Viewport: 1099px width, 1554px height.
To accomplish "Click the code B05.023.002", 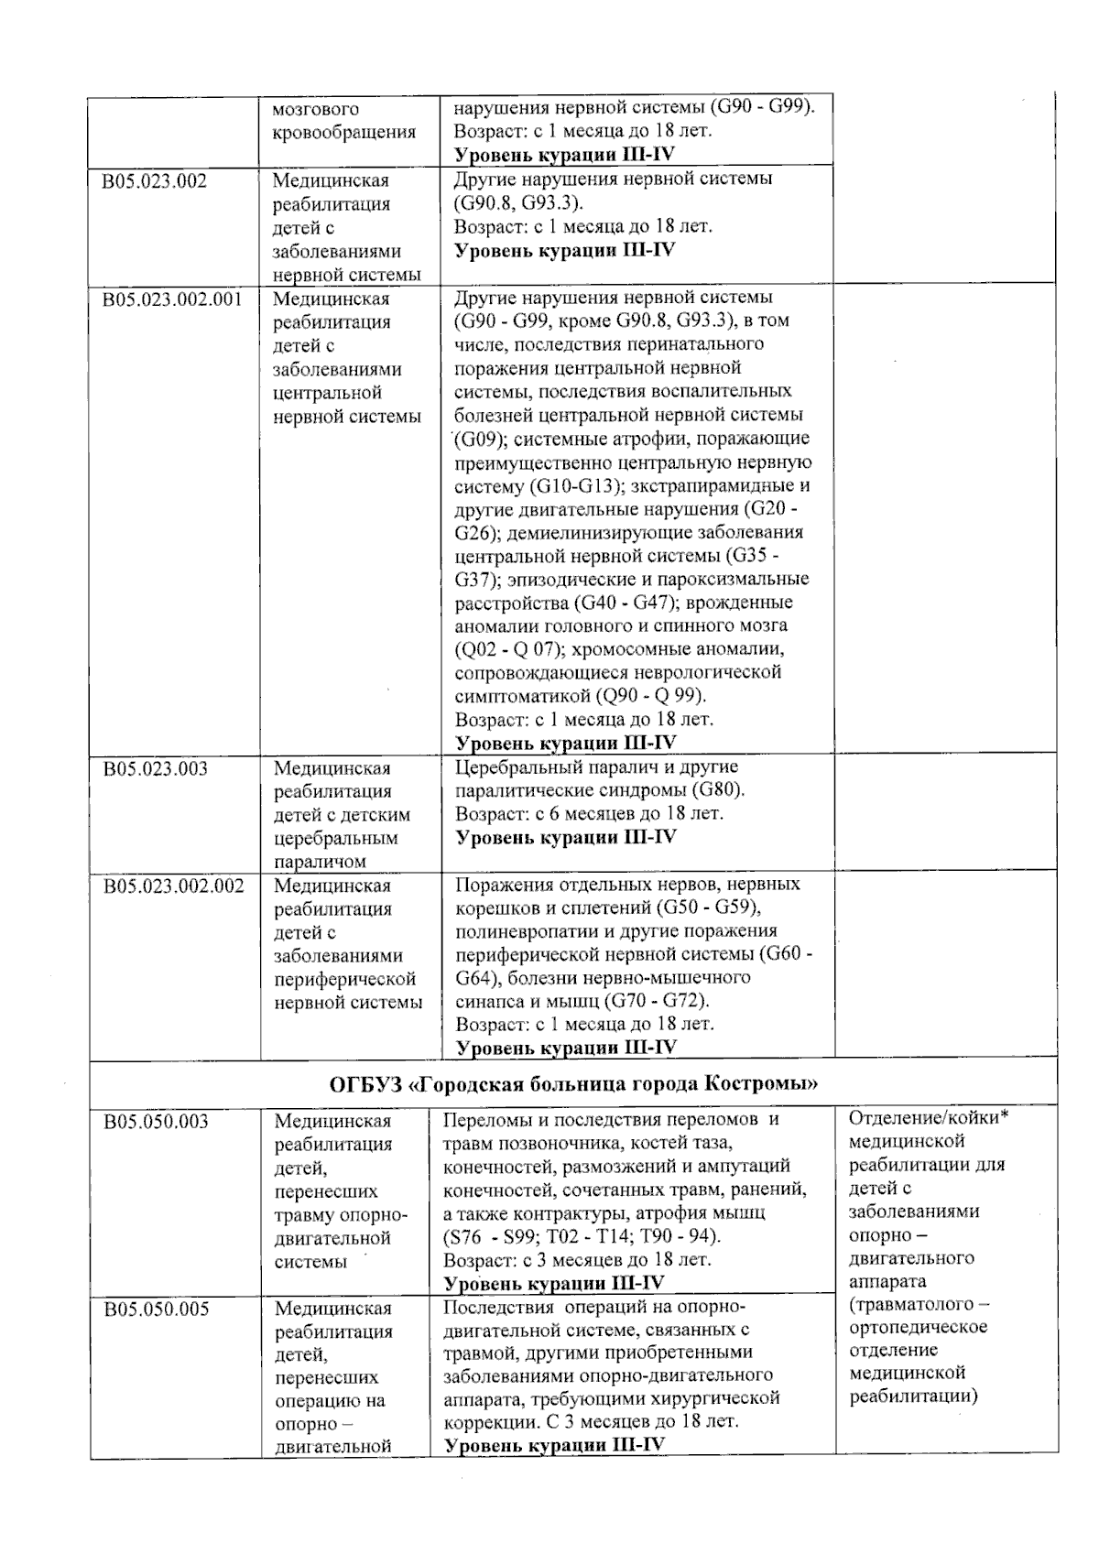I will click(x=155, y=181).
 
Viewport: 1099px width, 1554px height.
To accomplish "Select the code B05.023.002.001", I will click(x=173, y=299).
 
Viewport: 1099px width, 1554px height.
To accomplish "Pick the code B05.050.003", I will click(x=156, y=1122).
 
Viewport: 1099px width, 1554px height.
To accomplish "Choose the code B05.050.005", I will click(x=156, y=1309).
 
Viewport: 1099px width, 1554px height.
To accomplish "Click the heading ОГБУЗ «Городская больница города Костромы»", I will click(x=573, y=1084).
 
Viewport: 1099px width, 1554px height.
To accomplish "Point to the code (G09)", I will click(x=476, y=439).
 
